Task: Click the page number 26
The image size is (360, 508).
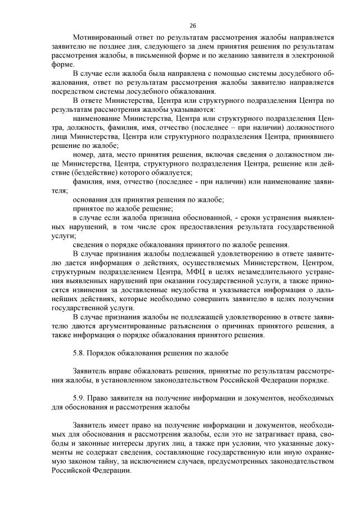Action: pyautogui.click(x=192, y=26)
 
